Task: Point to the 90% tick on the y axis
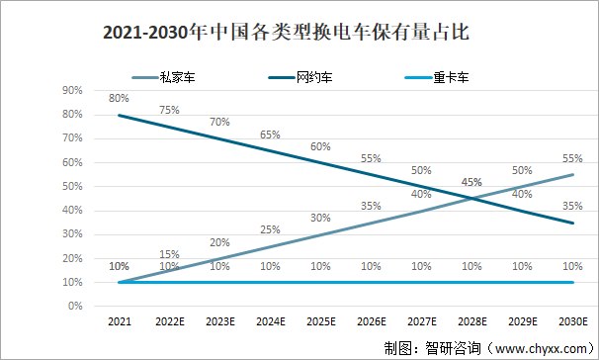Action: (72, 90)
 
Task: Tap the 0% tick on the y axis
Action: (74, 306)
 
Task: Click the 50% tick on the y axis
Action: (72, 186)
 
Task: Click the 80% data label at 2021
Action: (119, 98)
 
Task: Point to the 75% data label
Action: (169, 110)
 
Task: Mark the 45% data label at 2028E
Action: (471, 182)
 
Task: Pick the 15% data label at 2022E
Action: (169, 253)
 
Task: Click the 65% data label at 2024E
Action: (270, 135)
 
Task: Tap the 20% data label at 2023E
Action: (219, 242)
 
